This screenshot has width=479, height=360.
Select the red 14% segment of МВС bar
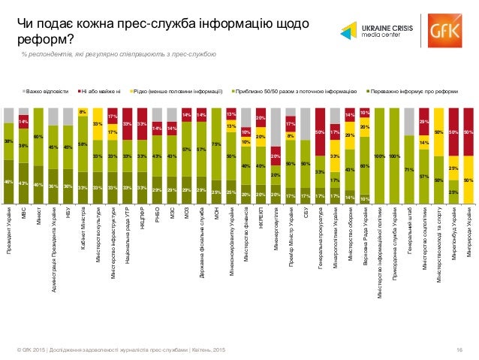point(23,120)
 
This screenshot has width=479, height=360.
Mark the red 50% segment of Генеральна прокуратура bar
point(320,132)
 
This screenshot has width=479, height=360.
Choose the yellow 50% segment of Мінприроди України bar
point(468,180)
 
